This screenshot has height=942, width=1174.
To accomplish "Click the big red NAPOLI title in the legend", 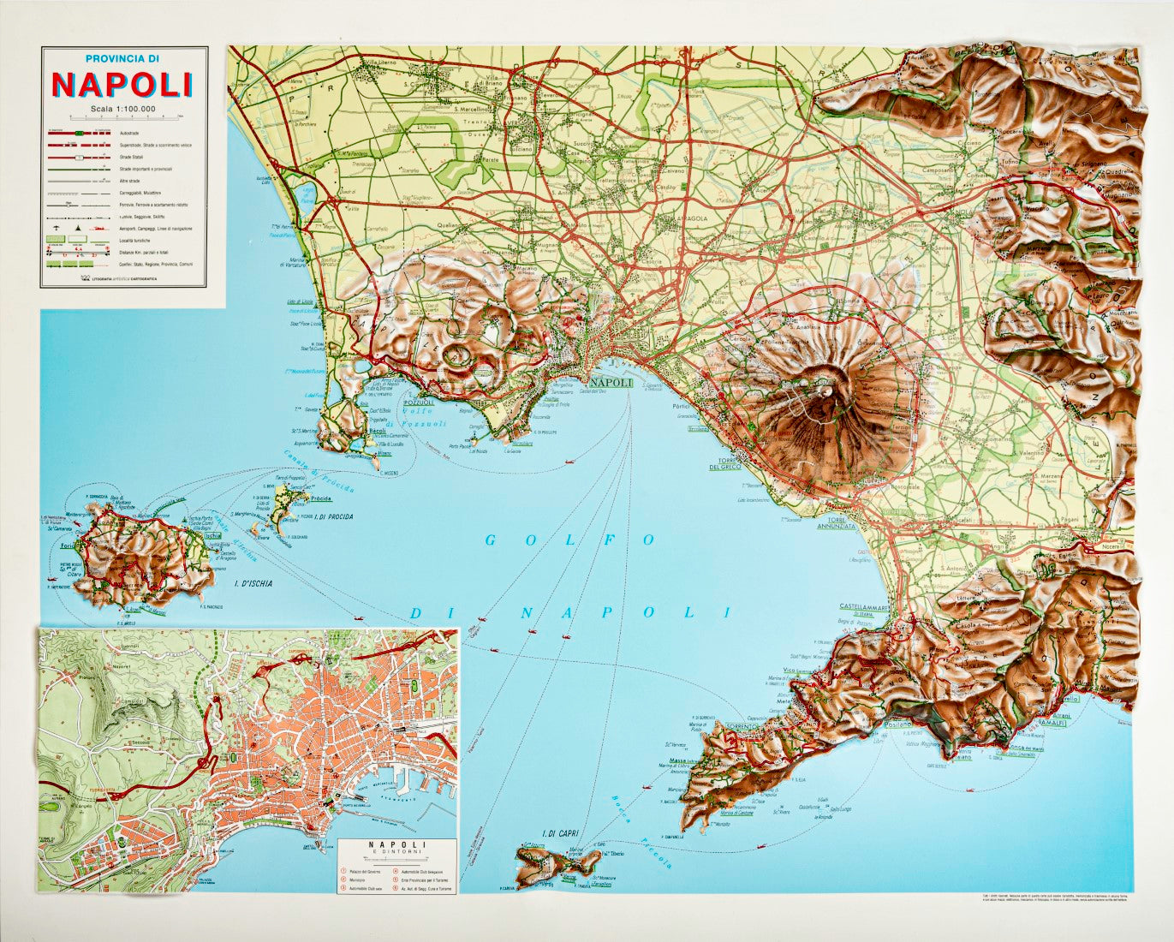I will pyautogui.click(x=122, y=84).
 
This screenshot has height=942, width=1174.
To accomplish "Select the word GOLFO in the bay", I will pyautogui.click(x=569, y=540).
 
